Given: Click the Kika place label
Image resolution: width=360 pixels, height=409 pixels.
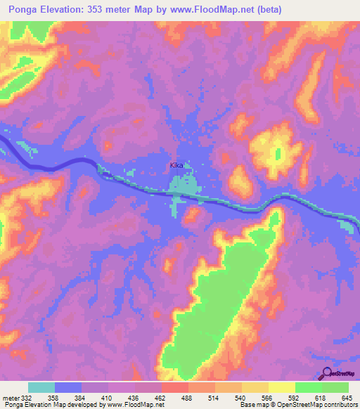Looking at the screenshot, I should (x=176, y=166).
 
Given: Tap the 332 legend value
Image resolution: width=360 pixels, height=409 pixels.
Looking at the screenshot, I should (x=27, y=398).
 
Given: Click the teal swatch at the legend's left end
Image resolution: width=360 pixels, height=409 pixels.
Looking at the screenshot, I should (x=41, y=387).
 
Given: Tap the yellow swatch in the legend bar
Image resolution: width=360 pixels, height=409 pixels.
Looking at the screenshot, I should (x=281, y=387).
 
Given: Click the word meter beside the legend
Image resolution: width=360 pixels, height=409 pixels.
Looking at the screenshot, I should (x=10, y=398).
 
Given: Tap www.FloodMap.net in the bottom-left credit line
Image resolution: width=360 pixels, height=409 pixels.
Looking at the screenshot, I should (x=129, y=405).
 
